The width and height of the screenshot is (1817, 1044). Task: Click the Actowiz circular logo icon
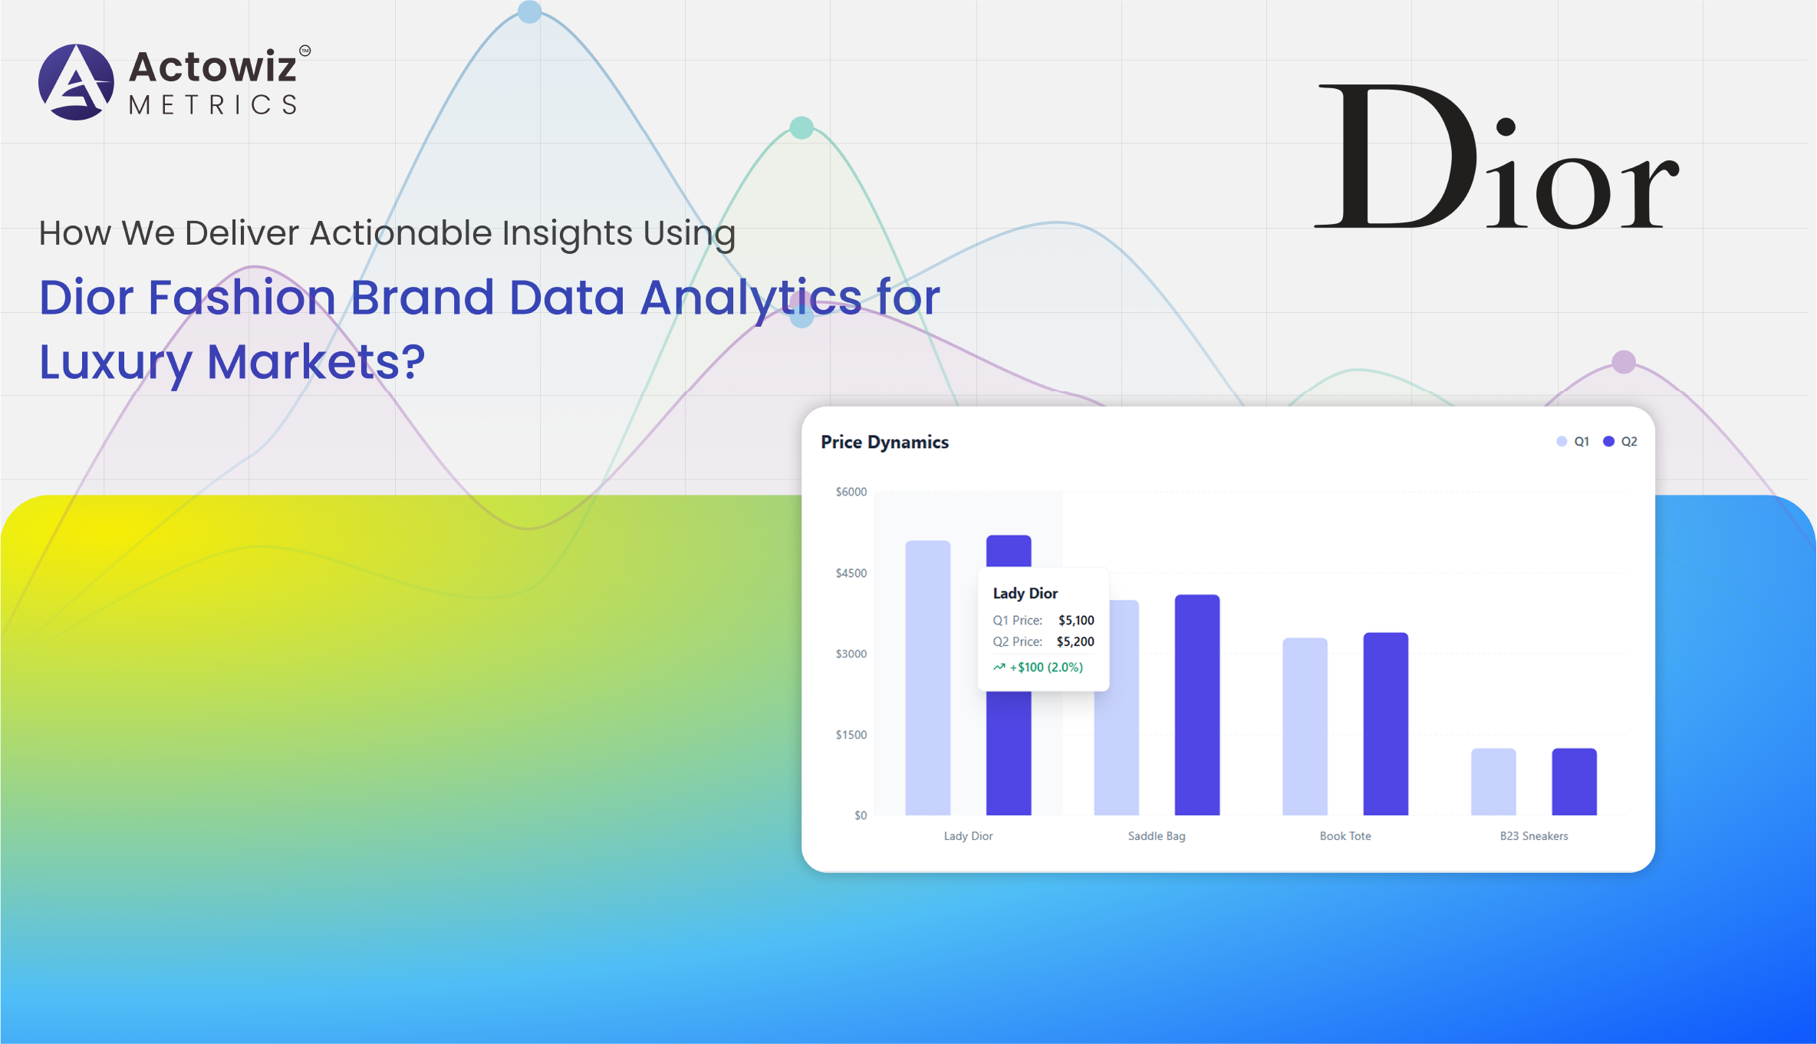pos(76,82)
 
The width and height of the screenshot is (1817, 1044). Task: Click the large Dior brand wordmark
pos(1496,156)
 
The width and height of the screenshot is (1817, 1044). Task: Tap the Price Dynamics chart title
pos(884,442)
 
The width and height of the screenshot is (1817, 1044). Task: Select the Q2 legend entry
pos(1620,441)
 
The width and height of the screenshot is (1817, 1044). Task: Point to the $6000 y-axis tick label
pos(851,492)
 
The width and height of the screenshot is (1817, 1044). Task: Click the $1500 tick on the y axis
pos(851,735)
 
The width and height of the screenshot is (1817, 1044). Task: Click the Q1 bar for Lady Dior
pos(928,677)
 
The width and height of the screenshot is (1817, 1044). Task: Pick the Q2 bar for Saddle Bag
pos(1197,704)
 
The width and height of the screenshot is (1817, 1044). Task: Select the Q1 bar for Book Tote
pos(1305,726)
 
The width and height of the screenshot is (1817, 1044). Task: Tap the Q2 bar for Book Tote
pos(1386,723)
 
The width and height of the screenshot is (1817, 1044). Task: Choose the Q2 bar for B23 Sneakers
pos(1575,782)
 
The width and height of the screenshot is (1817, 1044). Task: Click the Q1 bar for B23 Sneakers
pos(1493,782)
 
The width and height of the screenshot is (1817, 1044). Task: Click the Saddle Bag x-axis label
pos(1157,836)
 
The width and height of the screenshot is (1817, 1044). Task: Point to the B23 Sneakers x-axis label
pos(1534,836)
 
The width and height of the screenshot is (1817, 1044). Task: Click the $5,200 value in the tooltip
pos(1075,641)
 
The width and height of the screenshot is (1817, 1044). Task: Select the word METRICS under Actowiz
pos(213,104)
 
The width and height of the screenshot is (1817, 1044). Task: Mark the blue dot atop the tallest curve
pos(529,11)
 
